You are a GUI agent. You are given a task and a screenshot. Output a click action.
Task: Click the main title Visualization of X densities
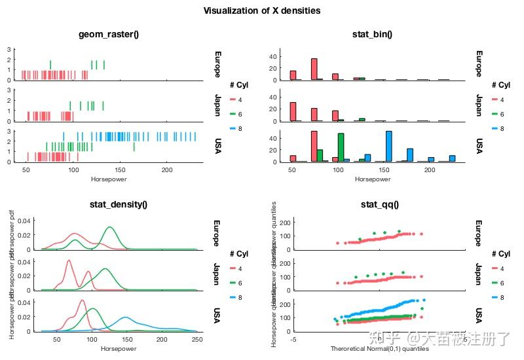tap(261, 10)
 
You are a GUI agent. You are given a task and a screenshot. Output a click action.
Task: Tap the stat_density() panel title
tap(118, 205)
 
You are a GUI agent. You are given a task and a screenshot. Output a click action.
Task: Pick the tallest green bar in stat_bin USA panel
tap(341, 147)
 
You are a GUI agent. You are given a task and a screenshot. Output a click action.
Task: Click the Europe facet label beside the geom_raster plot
tap(218, 63)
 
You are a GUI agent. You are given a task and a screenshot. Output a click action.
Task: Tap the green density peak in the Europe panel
tap(110, 227)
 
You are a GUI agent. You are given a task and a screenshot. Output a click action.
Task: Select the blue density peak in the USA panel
tap(124, 317)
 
